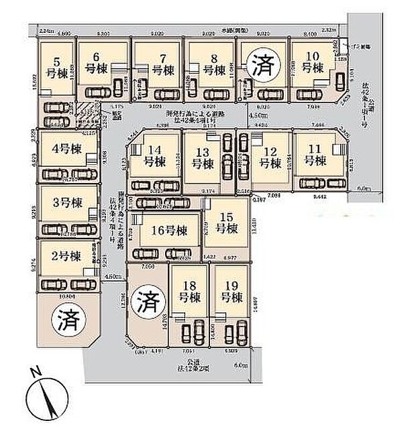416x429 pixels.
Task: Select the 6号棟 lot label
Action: coord(99,64)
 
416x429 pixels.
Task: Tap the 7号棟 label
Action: coord(158,64)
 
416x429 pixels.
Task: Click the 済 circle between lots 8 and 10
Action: coord(259,65)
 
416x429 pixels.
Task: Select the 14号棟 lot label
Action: coord(156,156)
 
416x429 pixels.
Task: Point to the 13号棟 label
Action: coord(201,157)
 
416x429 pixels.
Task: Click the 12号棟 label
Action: coord(270,157)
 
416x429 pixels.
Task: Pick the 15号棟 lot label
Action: coord(227,223)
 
